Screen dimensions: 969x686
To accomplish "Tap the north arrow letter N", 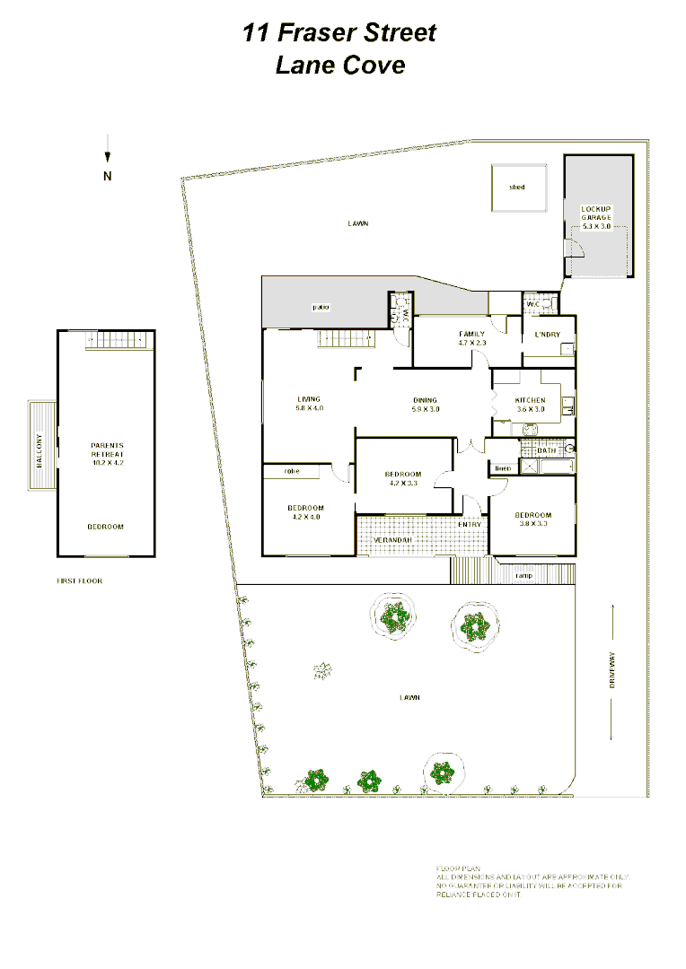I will click(x=108, y=176).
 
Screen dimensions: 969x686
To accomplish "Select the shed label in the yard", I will click(x=516, y=188).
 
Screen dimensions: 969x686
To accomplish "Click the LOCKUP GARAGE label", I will click(x=596, y=214).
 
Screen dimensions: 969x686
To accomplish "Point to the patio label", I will click(x=321, y=307).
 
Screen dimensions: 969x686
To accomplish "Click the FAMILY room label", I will click(x=471, y=334).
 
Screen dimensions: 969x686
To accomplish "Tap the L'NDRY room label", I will click(x=547, y=335).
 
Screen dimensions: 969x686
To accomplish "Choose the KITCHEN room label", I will click(x=530, y=400).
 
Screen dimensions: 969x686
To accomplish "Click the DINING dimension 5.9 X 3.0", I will click(x=425, y=410).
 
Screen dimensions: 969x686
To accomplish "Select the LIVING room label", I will click(x=309, y=399).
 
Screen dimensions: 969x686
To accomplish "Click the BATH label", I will click(x=547, y=450).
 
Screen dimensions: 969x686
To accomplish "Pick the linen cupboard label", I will click(x=502, y=469).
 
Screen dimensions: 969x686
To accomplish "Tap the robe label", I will click(x=291, y=471).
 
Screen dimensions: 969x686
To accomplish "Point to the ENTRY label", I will click(x=470, y=524).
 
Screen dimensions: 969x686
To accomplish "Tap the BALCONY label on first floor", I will click(x=39, y=447).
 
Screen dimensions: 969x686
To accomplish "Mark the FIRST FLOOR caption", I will click(x=80, y=581).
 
